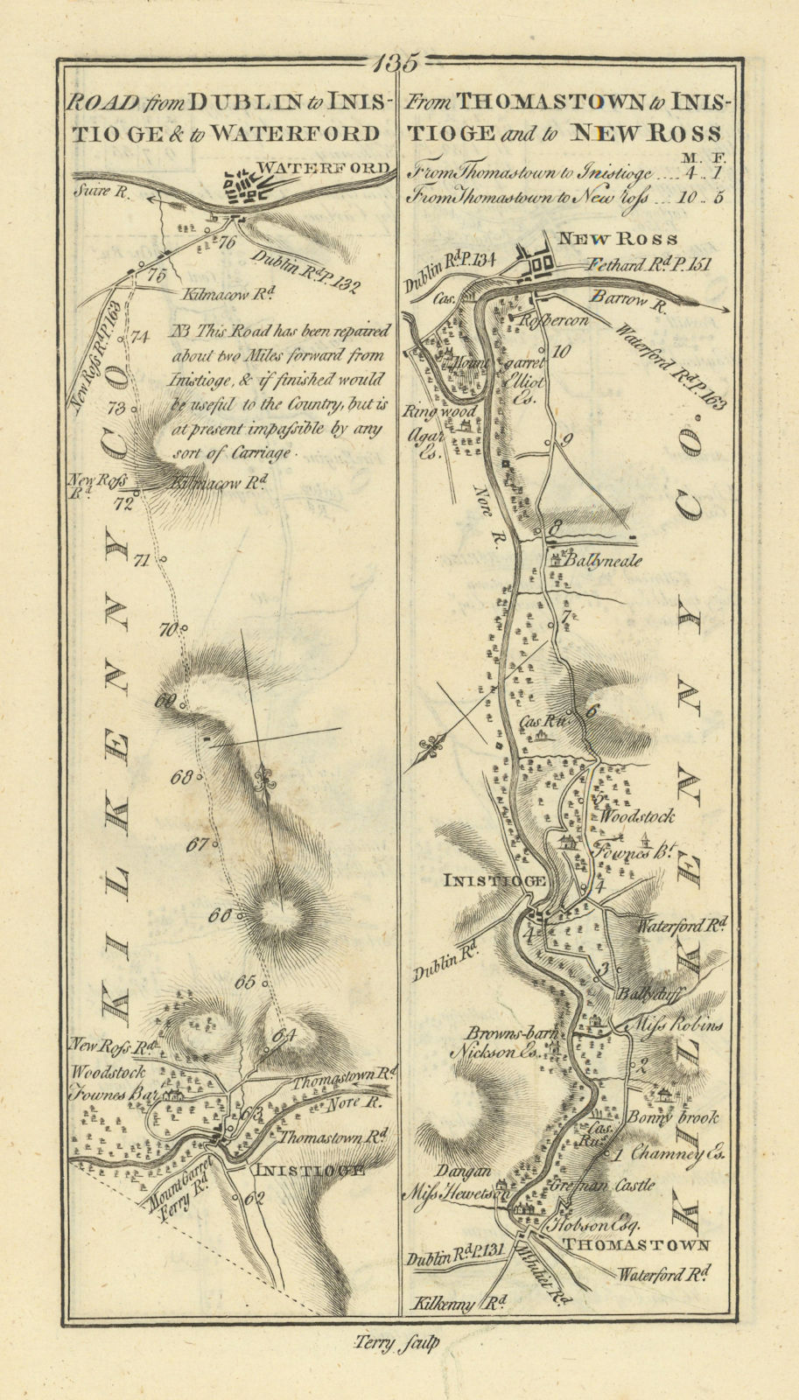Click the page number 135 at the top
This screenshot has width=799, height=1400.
pos(398,64)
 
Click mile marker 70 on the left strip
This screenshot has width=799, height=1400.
pos(167,627)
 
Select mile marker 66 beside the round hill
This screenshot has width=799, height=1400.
pos(218,916)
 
